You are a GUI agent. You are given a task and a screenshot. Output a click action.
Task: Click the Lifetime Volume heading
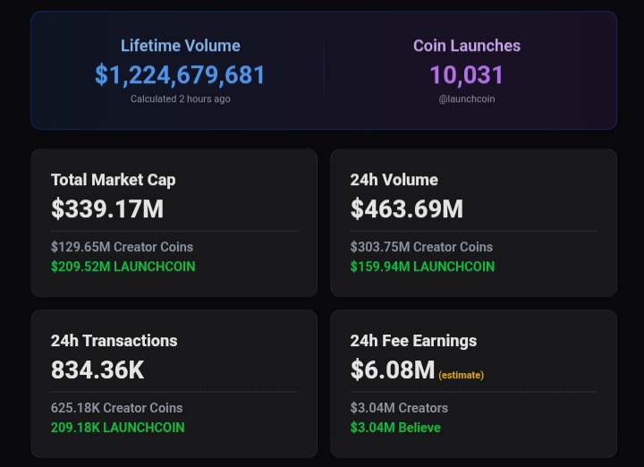click(180, 46)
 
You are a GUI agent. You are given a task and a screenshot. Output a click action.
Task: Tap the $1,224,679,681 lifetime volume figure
click(180, 75)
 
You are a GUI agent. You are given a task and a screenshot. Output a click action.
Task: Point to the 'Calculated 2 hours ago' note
click(180, 98)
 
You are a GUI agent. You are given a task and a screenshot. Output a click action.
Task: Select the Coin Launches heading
click(466, 46)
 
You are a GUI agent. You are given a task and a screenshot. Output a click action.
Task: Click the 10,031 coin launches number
click(466, 75)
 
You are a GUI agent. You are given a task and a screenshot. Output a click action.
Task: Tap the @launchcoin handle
click(466, 98)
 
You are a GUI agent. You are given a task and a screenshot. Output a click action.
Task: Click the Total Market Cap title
click(113, 180)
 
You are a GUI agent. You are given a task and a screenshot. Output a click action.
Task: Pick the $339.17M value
click(106, 209)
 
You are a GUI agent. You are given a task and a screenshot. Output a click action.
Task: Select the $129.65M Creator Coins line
click(122, 247)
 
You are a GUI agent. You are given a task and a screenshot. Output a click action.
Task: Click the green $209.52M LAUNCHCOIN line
click(123, 267)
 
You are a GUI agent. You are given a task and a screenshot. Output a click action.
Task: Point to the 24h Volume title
click(394, 180)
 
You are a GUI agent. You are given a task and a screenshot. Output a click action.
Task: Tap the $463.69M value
click(406, 209)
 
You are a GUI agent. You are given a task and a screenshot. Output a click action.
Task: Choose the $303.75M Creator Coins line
click(421, 247)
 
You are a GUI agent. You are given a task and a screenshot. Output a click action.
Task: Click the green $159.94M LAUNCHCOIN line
click(422, 267)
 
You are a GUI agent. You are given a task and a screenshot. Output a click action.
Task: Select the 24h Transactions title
click(114, 341)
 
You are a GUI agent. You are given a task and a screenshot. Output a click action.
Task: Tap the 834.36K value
click(97, 369)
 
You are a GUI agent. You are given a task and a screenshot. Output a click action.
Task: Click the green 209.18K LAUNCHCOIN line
click(117, 428)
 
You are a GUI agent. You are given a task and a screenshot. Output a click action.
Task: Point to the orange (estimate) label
click(461, 375)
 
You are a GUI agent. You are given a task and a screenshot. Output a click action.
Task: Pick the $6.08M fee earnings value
click(392, 369)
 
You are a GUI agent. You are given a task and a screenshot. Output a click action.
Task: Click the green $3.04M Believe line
click(395, 428)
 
